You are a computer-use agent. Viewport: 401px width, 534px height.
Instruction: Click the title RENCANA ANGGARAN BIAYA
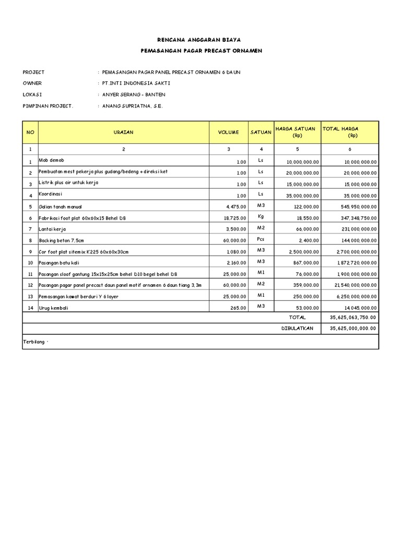(x=200, y=40)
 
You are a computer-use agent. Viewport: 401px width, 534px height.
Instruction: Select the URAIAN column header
(x=124, y=132)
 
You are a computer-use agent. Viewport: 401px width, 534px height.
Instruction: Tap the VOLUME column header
(x=228, y=132)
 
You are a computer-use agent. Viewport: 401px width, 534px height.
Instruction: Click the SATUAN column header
(x=261, y=132)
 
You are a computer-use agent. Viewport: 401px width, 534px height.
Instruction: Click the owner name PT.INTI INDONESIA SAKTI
(x=136, y=83)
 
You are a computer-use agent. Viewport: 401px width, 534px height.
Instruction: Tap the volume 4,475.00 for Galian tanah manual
(x=235, y=207)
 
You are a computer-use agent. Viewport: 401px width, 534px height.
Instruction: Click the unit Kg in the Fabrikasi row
(x=261, y=216)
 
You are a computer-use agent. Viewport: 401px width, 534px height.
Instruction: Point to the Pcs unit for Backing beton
(x=261, y=239)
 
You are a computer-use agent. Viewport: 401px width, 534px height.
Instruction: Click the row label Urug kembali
(x=54, y=308)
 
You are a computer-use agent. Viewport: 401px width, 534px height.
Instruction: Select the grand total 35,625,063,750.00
(x=353, y=317)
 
